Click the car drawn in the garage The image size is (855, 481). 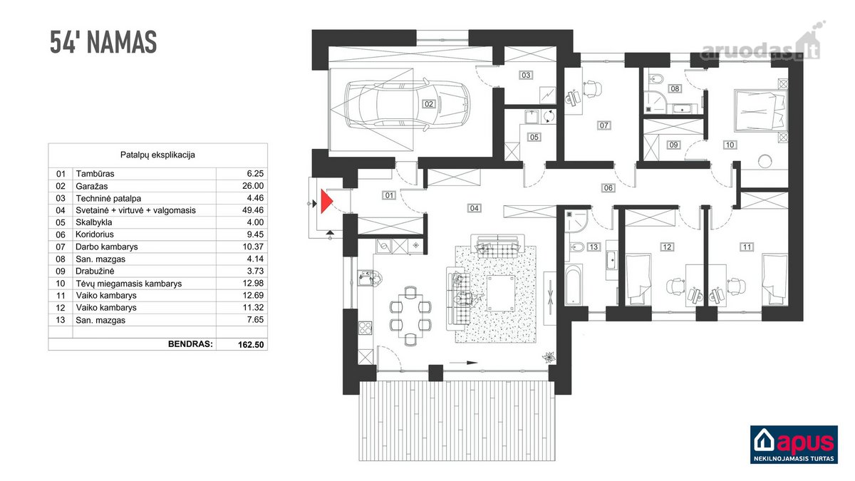click(x=408, y=104)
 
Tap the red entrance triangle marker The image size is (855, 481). click(x=326, y=201)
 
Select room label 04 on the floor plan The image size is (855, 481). click(x=474, y=208)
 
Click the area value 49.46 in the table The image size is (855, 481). click(x=253, y=210)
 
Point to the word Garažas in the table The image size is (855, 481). click(x=92, y=186)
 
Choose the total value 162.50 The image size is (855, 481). click(x=251, y=344)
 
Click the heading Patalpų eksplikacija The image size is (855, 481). click(x=157, y=155)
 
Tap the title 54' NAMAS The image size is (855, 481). click(x=103, y=42)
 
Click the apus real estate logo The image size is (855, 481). click(x=794, y=445)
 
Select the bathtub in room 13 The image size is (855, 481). click(x=574, y=285)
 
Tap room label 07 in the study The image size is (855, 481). click(x=603, y=125)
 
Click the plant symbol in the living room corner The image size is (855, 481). click(x=549, y=357)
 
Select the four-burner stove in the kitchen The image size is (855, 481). click(x=366, y=328)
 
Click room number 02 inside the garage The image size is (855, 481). click(x=428, y=104)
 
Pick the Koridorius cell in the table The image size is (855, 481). click(x=95, y=234)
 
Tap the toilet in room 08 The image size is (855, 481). click(x=655, y=79)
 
